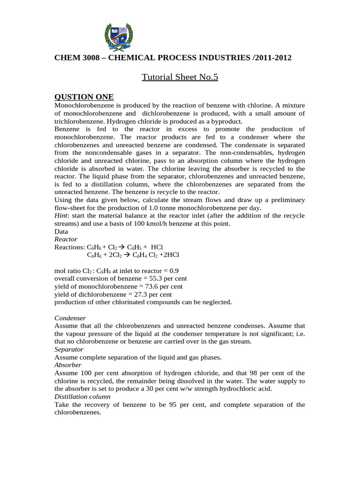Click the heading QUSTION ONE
tap(84, 97)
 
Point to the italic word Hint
tap(62, 215)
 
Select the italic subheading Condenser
tap(70, 318)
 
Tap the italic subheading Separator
tap(69, 349)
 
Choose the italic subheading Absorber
tap(68, 365)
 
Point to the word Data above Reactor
tap(61, 231)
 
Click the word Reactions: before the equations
tap(69, 247)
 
